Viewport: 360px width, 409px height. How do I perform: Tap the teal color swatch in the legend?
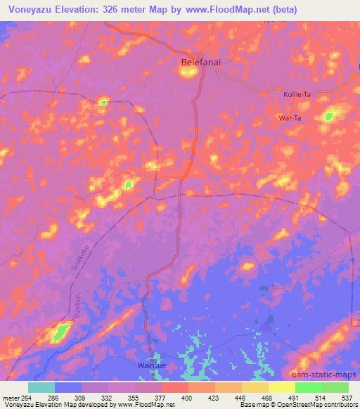pyautogui.click(x=41, y=387)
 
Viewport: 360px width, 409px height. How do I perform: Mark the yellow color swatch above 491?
pyautogui.click(x=281, y=387)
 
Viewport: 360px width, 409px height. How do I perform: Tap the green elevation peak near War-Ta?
pyautogui.click(x=328, y=117)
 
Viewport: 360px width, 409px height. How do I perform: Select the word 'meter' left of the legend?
pyautogui.click(x=12, y=397)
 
